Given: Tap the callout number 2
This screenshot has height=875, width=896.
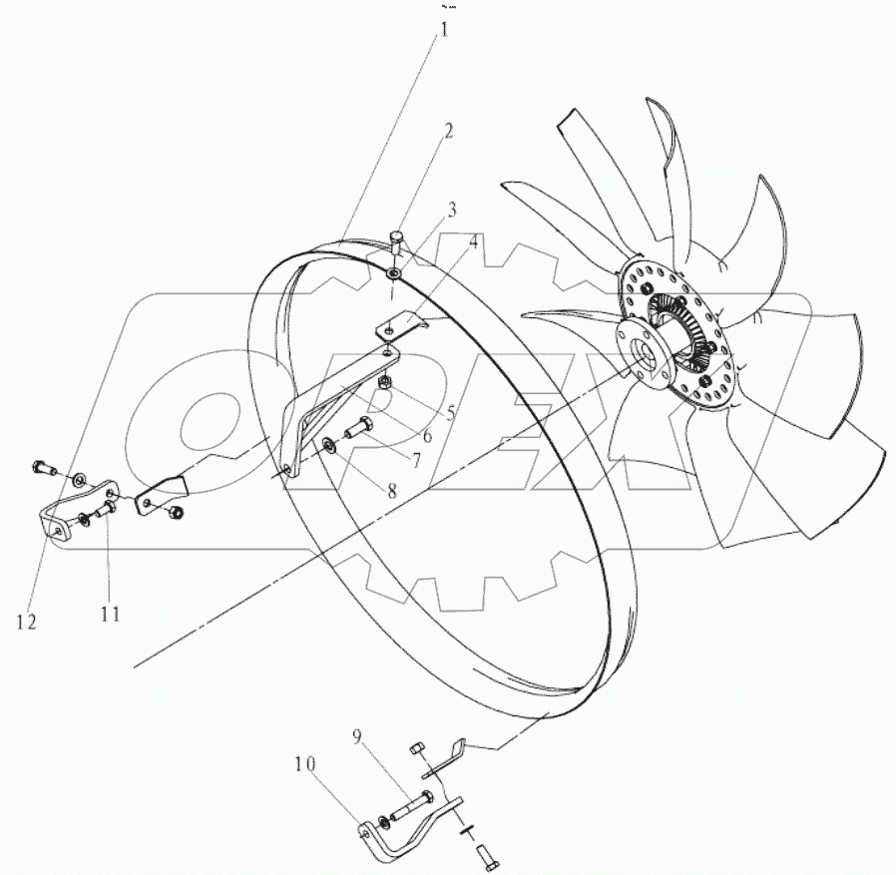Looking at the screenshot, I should pos(449,131).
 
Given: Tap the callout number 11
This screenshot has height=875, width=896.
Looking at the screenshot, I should pos(110,614).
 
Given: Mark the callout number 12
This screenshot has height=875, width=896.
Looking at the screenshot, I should pos(26,622).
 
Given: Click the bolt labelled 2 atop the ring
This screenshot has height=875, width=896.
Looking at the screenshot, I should pos(397,239).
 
